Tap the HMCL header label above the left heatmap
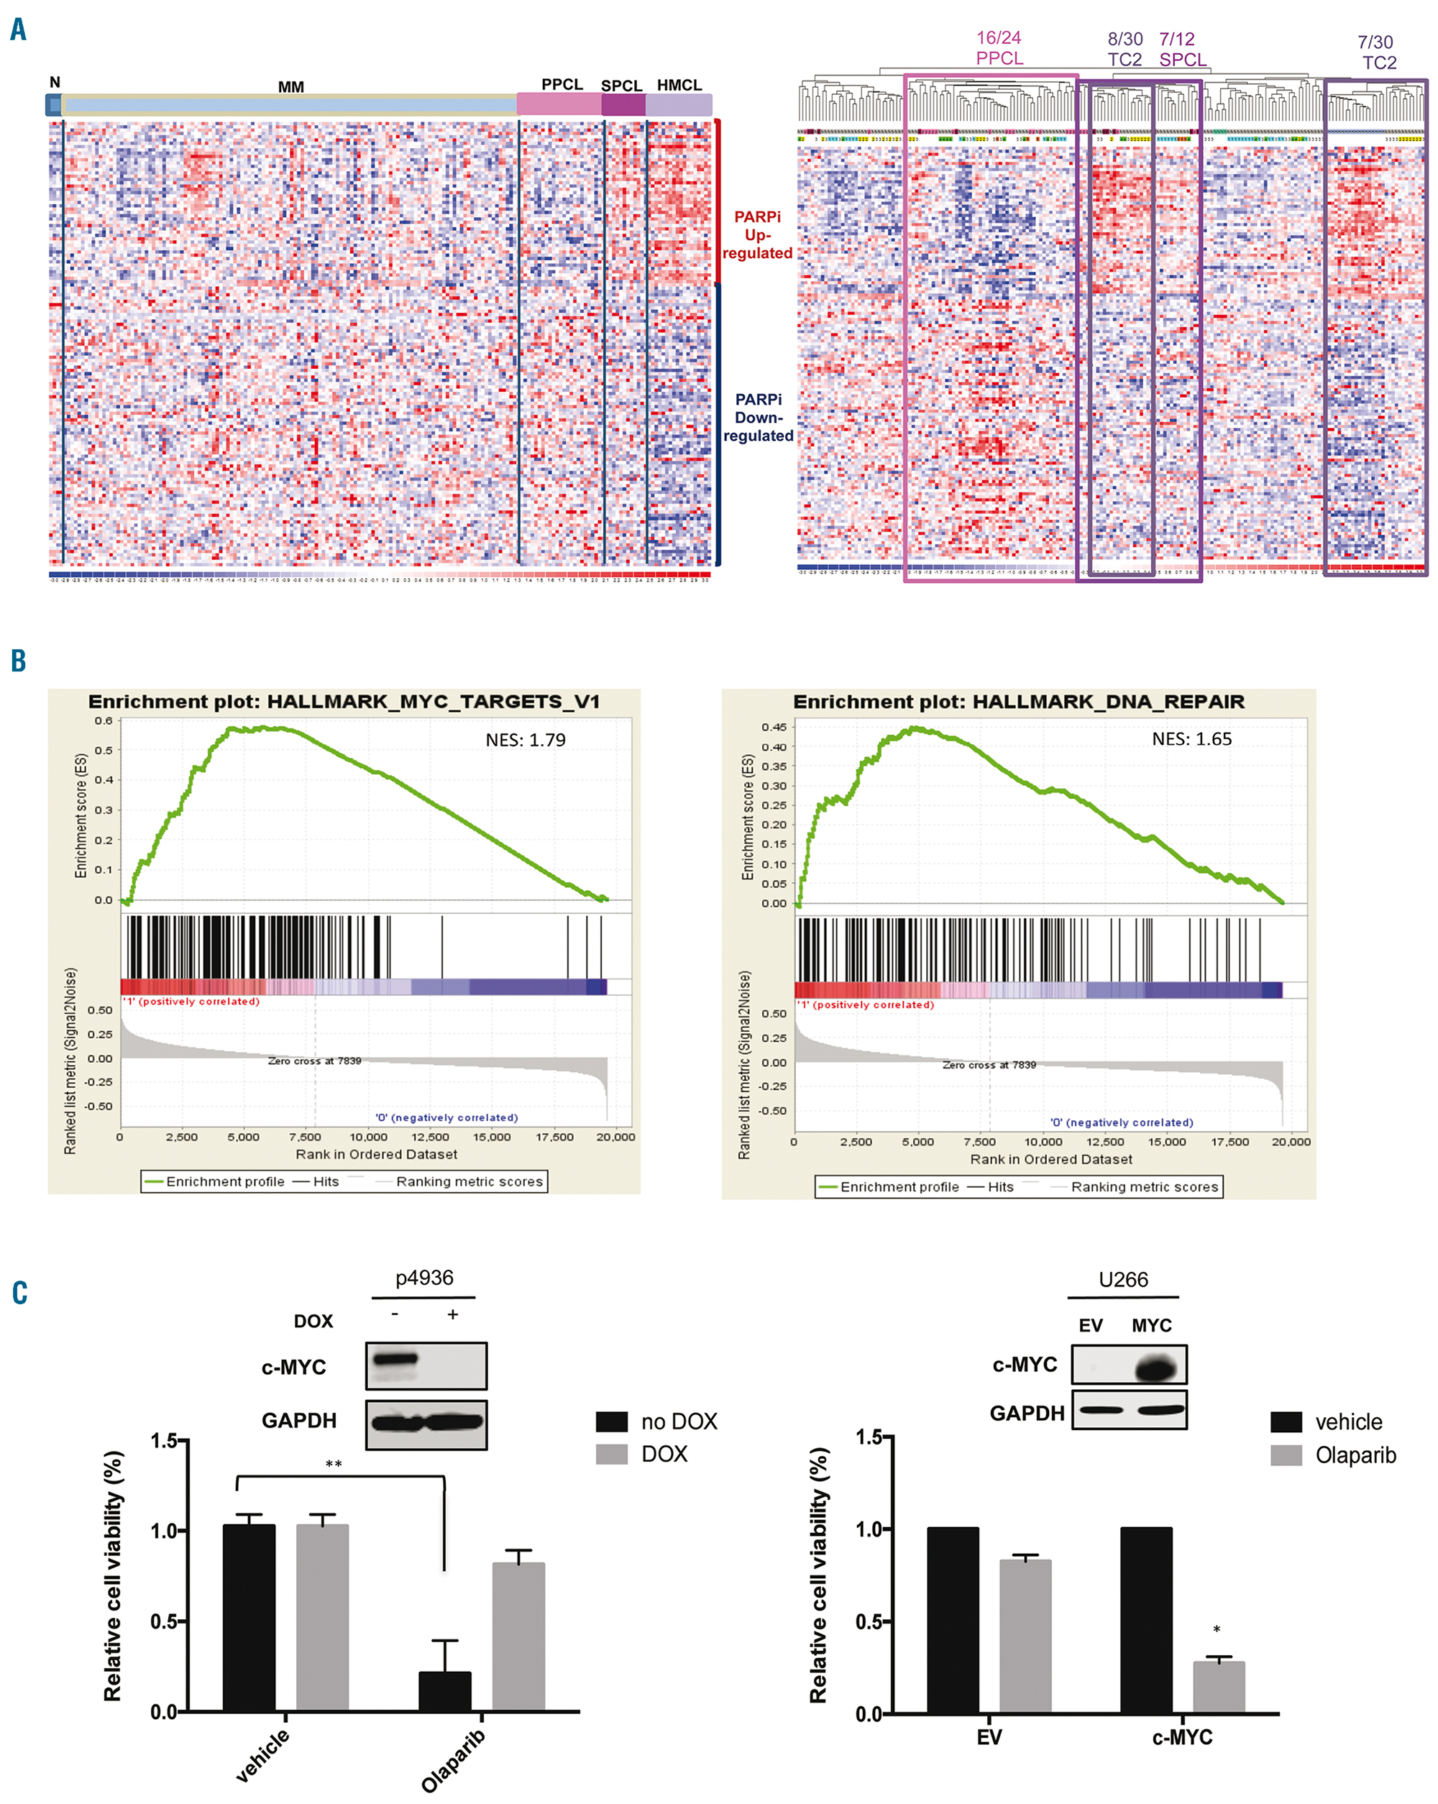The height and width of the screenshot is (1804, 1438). click(x=679, y=86)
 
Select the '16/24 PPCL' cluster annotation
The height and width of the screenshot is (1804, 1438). click(x=999, y=47)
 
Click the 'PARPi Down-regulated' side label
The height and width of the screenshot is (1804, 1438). click(x=758, y=418)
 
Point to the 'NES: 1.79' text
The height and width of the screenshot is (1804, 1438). click(x=526, y=740)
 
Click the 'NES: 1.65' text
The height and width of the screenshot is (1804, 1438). click(x=1191, y=739)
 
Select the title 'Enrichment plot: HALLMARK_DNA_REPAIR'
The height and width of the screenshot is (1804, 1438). click(x=1018, y=702)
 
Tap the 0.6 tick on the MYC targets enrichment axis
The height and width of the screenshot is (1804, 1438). click(x=103, y=720)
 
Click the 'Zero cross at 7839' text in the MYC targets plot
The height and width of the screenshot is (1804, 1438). click(x=314, y=1061)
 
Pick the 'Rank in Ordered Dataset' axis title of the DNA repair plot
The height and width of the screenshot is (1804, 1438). click(x=1050, y=1159)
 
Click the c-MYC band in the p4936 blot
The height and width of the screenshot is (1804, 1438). click(x=394, y=1358)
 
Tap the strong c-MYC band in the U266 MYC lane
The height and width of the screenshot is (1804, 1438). click(x=1157, y=1369)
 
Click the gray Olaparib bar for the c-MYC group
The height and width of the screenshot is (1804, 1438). click(x=1218, y=1688)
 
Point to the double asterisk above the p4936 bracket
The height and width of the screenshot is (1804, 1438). click(x=334, y=1465)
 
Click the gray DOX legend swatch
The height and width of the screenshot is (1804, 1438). click(x=611, y=1455)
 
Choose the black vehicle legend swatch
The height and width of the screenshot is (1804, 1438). click(x=1286, y=1421)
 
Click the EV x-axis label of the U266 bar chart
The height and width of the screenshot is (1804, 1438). click(x=989, y=1738)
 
